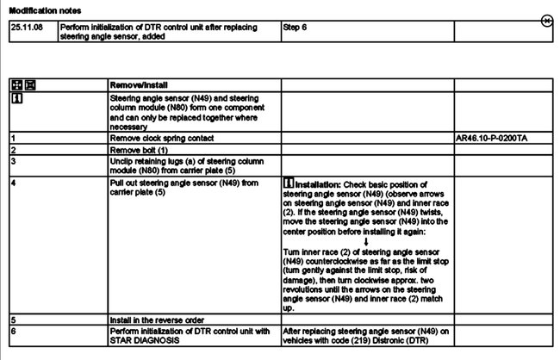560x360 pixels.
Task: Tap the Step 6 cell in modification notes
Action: pos(296,27)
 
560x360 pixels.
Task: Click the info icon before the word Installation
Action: pos(288,184)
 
